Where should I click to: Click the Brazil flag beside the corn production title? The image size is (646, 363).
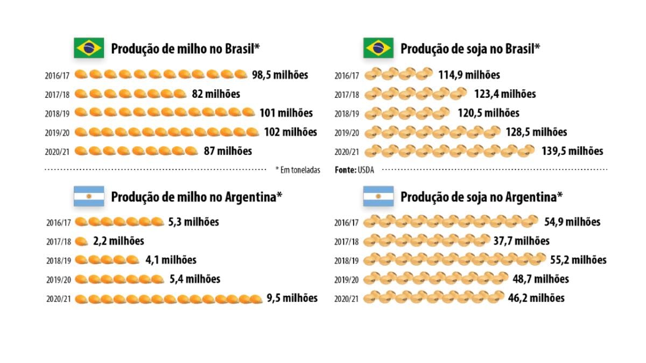pos(89,48)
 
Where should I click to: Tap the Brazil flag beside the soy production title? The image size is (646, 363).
pos(378,48)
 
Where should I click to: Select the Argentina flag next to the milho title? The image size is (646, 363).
pos(89,196)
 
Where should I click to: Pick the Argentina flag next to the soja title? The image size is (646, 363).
pos(378,196)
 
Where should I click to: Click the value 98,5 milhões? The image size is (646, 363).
pos(280,75)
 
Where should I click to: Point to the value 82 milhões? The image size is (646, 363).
pos(216,94)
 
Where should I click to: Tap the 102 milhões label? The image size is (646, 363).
pos(290,132)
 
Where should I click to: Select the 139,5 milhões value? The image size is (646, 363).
pos(572,151)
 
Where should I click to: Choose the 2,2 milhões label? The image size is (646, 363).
pos(118,241)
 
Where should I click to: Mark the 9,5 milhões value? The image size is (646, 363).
pos(292,298)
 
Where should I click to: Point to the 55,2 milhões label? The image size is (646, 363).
pos(578,260)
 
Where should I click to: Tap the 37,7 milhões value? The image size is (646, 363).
pos(521,241)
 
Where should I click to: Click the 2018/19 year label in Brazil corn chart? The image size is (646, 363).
pos(57,113)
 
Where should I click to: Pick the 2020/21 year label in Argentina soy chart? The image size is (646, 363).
pos(346,298)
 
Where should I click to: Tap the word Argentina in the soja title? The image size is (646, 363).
pos(530,197)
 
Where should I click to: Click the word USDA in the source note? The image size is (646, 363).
pos(366,170)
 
